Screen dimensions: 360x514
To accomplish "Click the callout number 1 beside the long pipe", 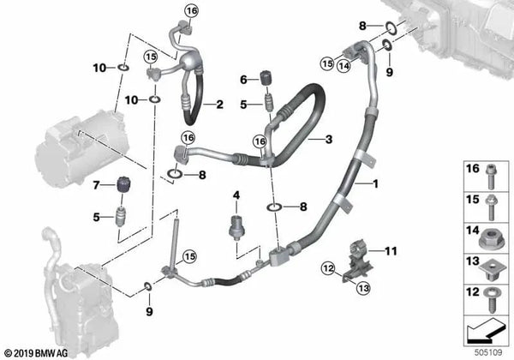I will (x=374, y=183).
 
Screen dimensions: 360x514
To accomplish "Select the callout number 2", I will (x=219, y=105).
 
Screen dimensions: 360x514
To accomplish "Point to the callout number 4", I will (x=236, y=196).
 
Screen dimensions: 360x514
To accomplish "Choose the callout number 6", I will (x=243, y=79).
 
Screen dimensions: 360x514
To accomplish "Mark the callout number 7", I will (x=98, y=184).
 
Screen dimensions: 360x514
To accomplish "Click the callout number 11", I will (x=391, y=250).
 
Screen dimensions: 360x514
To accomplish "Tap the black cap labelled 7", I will (x=122, y=183).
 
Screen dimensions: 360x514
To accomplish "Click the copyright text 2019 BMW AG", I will (x=40, y=352).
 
